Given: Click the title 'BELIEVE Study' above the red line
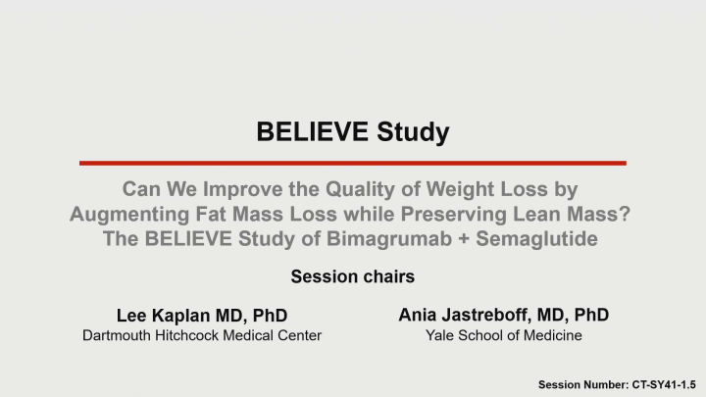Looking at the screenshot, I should [x=353, y=131].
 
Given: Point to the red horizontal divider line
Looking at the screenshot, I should [x=353, y=163].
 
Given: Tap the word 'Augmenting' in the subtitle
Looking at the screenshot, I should [x=126, y=213].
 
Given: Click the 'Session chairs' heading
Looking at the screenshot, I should [x=353, y=276].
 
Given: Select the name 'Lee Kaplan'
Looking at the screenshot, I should [x=165, y=315].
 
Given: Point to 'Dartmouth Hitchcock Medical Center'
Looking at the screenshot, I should [x=202, y=336].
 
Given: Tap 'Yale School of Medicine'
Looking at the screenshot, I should [x=503, y=336].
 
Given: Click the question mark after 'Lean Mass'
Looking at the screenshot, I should [x=629, y=213].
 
